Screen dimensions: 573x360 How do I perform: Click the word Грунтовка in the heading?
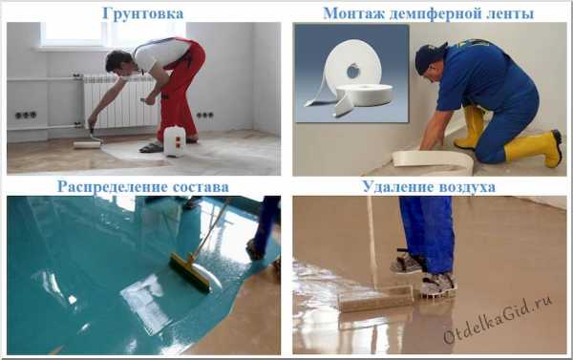[143, 14]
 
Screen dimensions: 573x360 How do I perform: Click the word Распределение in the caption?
[113, 187]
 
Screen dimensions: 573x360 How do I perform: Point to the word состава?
[201, 187]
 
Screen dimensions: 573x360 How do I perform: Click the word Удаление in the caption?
[397, 187]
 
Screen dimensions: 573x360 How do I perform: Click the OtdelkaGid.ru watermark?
[498, 320]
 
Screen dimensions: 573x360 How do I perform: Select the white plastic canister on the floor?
[175, 141]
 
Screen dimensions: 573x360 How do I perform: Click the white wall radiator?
[120, 101]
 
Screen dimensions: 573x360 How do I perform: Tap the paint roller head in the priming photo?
[87, 145]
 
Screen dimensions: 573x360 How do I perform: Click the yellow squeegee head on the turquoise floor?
[191, 273]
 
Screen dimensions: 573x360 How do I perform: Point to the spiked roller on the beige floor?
[376, 299]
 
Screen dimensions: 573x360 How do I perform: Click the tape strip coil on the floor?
[433, 160]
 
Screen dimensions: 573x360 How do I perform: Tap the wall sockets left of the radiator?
[25, 116]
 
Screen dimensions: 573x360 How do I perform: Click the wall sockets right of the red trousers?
[205, 116]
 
